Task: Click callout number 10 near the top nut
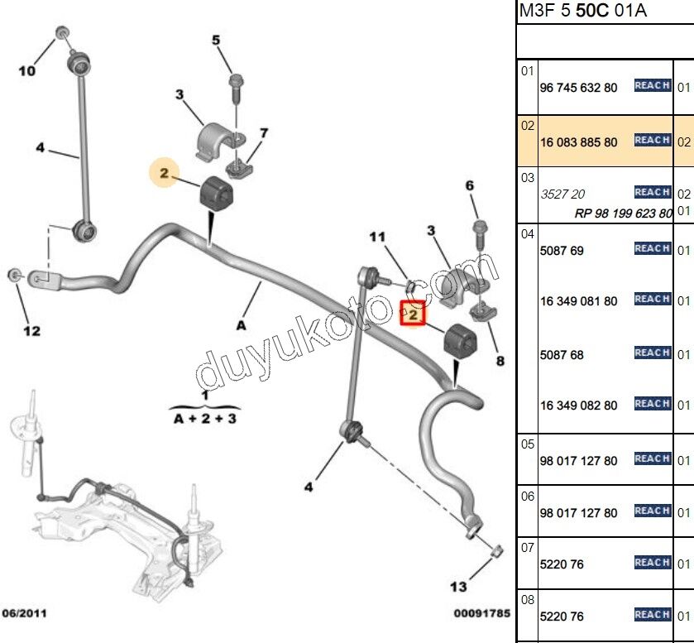tap(27, 71)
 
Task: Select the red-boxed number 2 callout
tap(413, 314)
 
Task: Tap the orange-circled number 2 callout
tap(165, 173)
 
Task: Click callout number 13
tap(458, 587)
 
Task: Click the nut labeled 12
tap(14, 275)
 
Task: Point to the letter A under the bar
tap(241, 325)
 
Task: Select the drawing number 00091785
tap(481, 614)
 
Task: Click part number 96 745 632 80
tap(578, 87)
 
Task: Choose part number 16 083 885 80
tap(578, 142)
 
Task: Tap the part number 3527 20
tap(562, 194)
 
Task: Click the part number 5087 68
tap(562, 355)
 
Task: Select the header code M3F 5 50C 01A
tap(582, 11)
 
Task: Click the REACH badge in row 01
tap(652, 85)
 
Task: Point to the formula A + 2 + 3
tap(205, 419)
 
